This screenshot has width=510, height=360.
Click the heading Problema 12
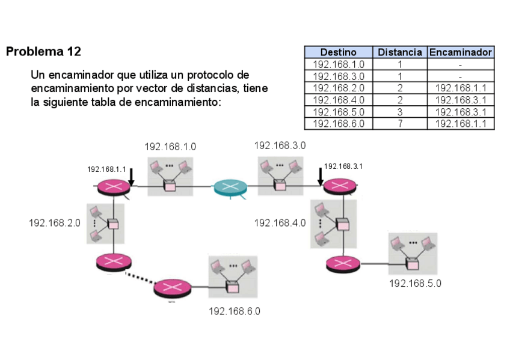[x=43, y=51]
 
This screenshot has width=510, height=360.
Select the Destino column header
[x=338, y=52]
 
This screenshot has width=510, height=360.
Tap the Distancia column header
[x=400, y=52]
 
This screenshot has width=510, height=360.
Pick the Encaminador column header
[x=461, y=52]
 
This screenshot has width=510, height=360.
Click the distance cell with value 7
[x=400, y=124]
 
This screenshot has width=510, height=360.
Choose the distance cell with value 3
[x=400, y=112]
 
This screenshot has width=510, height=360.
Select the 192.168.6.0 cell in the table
[x=338, y=124]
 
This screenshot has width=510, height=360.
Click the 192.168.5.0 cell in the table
[x=338, y=112]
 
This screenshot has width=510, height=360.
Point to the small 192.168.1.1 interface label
[x=106, y=169]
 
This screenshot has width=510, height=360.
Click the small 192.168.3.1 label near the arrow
[x=343, y=166]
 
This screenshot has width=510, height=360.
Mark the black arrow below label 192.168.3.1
[x=321, y=176]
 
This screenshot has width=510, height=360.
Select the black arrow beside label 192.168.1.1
[x=131, y=176]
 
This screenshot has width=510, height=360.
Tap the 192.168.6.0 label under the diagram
[x=235, y=311]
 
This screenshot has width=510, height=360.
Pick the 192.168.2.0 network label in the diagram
[x=55, y=223]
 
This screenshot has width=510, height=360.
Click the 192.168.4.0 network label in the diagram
[x=280, y=223]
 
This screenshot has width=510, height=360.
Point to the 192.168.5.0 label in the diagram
[x=415, y=283]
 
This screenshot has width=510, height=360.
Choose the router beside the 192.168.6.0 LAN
[x=171, y=288]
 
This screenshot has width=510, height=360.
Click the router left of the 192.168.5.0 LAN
[x=343, y=263]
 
